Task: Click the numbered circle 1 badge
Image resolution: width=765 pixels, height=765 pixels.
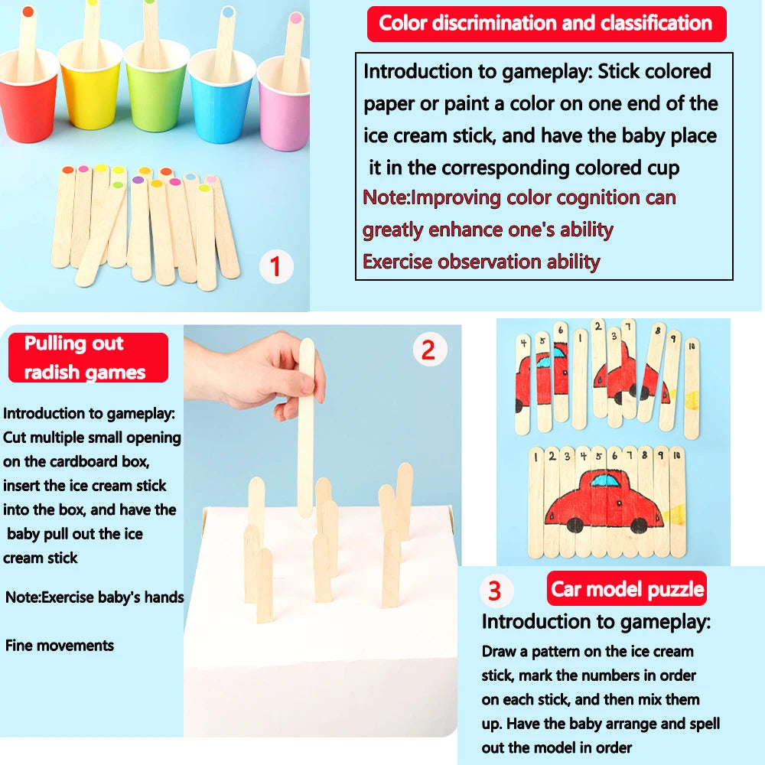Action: pos(276,267)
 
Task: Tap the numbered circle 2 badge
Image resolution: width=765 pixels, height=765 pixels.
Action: pos(429,350)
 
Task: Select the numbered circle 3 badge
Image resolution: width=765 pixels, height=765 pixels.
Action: pos(495,591)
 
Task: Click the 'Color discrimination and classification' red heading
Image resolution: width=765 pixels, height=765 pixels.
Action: pos(546,24)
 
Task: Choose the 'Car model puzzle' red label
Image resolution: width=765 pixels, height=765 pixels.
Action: pos(627,589)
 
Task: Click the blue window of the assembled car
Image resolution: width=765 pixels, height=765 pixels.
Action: pos(606,481)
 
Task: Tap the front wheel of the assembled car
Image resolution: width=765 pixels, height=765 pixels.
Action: pos(639,525)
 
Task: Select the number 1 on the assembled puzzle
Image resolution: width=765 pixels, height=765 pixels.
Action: pos(536,457)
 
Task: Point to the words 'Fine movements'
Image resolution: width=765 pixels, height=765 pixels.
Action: pos(60,645)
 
